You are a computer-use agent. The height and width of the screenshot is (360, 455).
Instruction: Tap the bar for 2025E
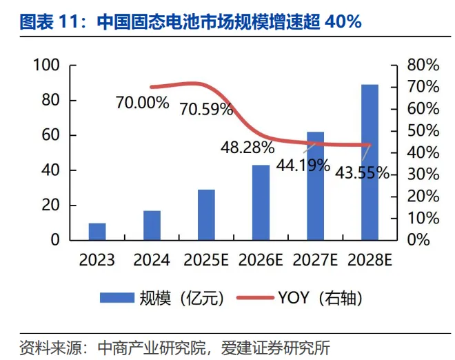pos(205,215)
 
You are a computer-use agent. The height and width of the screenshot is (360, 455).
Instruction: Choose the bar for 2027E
pos(315,186)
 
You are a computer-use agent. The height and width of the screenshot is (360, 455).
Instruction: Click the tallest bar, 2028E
pos(370,163)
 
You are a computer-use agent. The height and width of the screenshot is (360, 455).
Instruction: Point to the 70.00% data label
pos(143,103)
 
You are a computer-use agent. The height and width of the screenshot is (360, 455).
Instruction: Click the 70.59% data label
pos(206,109)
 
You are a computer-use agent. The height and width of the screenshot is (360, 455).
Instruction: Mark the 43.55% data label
pos(363,172)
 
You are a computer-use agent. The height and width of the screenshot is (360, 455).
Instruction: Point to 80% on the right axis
pos(423,66)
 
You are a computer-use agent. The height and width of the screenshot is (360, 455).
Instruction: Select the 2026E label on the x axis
pos(261,261)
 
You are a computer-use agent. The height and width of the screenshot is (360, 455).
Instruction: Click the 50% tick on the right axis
pos(423,131)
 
